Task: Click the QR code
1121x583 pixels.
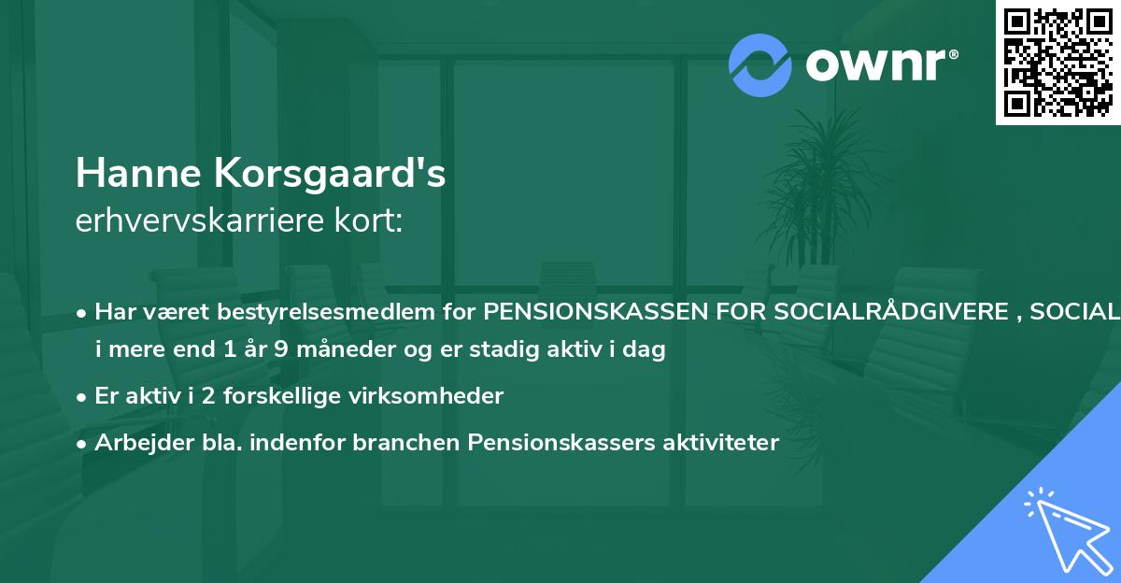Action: pyautogui.click(x=1058, y=63)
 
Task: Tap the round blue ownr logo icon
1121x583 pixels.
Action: pyautogui.click(x=760, y=65)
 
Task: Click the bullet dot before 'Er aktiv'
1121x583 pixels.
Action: pyautogui.click(x=83, y=396)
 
